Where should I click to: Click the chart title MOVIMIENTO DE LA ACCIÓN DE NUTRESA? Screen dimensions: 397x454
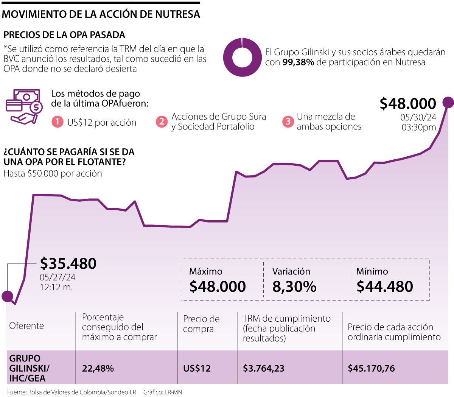coord(101,14)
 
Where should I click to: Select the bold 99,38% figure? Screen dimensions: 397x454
coord(298,62)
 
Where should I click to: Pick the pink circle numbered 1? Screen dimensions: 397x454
coord(57,122)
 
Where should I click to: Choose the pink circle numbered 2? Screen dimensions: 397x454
coord(162,121)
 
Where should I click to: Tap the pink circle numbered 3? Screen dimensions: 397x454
coord(288,121)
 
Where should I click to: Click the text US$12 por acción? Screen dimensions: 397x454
coord(102,122)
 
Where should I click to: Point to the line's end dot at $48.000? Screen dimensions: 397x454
coord(448,102)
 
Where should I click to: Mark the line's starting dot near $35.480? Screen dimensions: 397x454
coord(7,296)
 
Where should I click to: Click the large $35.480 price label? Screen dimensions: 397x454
coord(68,263)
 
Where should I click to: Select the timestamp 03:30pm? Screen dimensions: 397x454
coord(418,128)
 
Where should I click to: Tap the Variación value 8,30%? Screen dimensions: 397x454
coord(294,286)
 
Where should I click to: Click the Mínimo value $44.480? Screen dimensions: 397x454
coord(385,286)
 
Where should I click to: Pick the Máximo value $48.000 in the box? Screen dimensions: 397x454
coord(218,286)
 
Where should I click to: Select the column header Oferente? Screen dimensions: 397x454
coord(26,326)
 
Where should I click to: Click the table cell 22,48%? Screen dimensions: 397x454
coord(98,368)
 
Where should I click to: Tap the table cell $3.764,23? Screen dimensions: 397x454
coord(264,368)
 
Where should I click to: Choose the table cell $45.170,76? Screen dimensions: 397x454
coord(371,368)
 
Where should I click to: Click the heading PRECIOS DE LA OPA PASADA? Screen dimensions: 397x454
coord(64,35)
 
